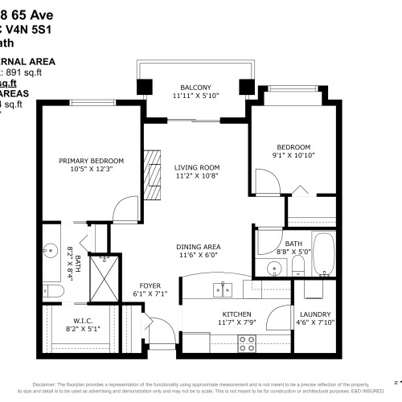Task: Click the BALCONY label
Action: click(x=195, y=87)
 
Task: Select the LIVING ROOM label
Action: click(x=196, y=167)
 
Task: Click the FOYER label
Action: click(x=150, y=285)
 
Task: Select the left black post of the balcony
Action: click(x=145, y=88)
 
